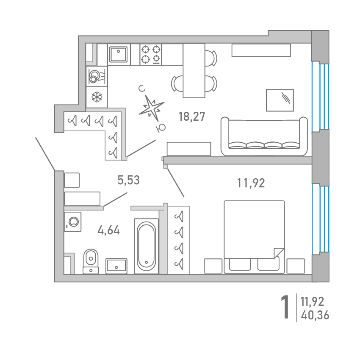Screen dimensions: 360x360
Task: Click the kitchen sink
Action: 118,54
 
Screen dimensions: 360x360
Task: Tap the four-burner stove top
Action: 151,55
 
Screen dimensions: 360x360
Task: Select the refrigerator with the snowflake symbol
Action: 97,97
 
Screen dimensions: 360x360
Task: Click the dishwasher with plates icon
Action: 97,77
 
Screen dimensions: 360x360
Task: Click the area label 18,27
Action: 192,116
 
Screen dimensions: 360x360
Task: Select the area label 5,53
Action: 129,180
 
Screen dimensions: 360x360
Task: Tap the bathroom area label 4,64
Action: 108,230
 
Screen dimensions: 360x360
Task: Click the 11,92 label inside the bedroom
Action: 251,183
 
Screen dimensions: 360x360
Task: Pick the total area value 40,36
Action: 315,315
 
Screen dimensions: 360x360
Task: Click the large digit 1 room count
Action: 285,307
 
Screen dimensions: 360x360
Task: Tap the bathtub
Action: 146,246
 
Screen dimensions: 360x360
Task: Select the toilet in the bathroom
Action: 91,261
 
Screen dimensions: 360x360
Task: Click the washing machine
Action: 73,222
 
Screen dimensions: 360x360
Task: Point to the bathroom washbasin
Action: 116,266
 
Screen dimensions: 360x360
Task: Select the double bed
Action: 254,237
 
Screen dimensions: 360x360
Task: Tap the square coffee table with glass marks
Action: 280,100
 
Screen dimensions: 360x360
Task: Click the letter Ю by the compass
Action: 161,128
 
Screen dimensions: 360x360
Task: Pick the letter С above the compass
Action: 142,89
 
